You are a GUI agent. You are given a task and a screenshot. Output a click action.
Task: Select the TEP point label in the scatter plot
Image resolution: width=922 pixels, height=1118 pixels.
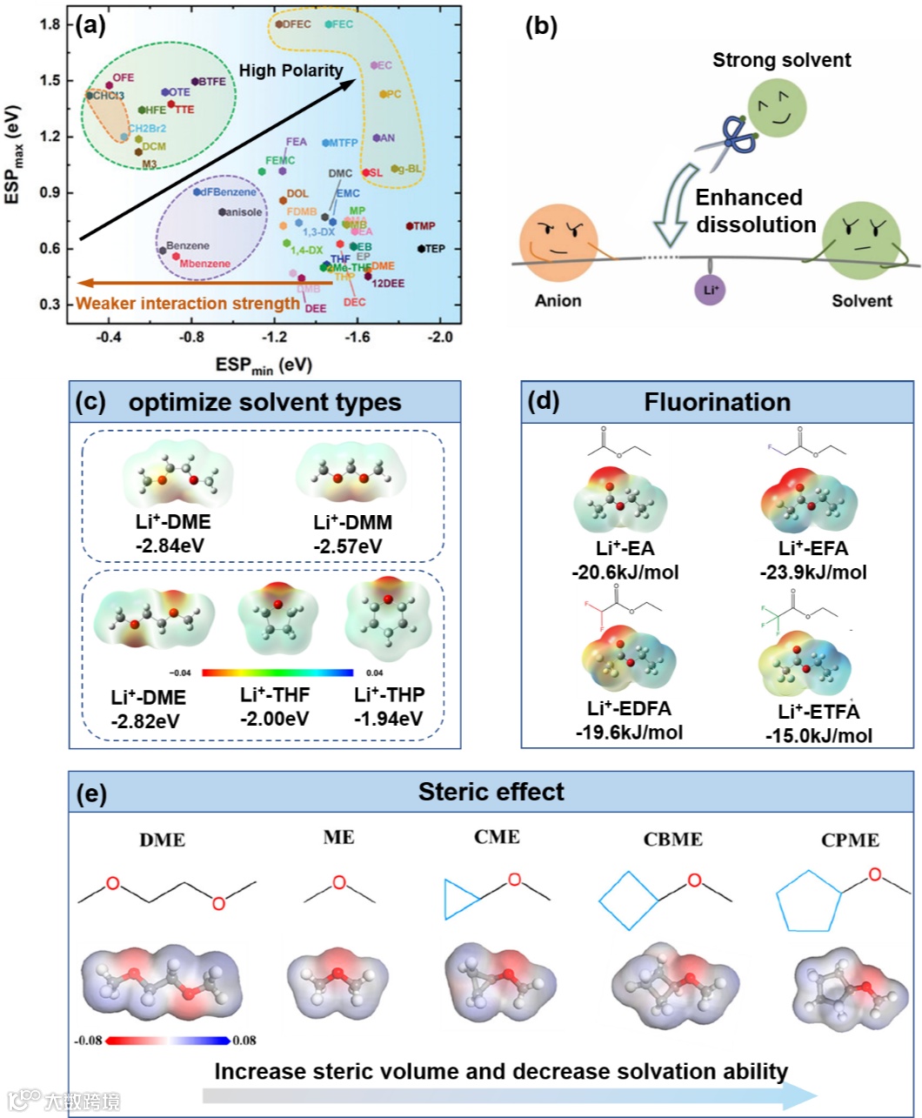pos(434,249)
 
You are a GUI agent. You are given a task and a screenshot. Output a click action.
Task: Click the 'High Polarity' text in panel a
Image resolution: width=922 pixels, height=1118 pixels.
pos(291,70)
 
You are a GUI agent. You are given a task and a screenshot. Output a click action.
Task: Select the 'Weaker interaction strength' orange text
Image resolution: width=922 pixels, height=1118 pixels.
pos(188,304)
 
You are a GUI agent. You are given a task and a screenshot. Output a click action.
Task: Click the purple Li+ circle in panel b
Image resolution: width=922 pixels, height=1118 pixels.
pos(711,290)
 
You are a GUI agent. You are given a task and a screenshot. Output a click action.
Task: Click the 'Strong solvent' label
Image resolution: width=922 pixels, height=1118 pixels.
pos(782,60)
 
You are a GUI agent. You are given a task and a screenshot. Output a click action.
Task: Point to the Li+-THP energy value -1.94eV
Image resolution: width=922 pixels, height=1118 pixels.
pos(389,718)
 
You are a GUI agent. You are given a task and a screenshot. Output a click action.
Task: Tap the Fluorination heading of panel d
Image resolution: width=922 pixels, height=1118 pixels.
pos(718,402)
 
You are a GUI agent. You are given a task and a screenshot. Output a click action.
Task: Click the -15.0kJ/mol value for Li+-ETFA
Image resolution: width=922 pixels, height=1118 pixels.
pos(818,736)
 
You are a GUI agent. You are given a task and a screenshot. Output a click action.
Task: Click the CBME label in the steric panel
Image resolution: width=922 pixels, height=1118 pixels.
pos(673,840)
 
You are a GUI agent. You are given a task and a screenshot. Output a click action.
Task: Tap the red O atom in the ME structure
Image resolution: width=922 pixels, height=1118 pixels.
pos(339,882)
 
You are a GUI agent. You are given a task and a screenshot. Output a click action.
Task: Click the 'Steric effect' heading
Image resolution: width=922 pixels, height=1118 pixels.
pos(491,792)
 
